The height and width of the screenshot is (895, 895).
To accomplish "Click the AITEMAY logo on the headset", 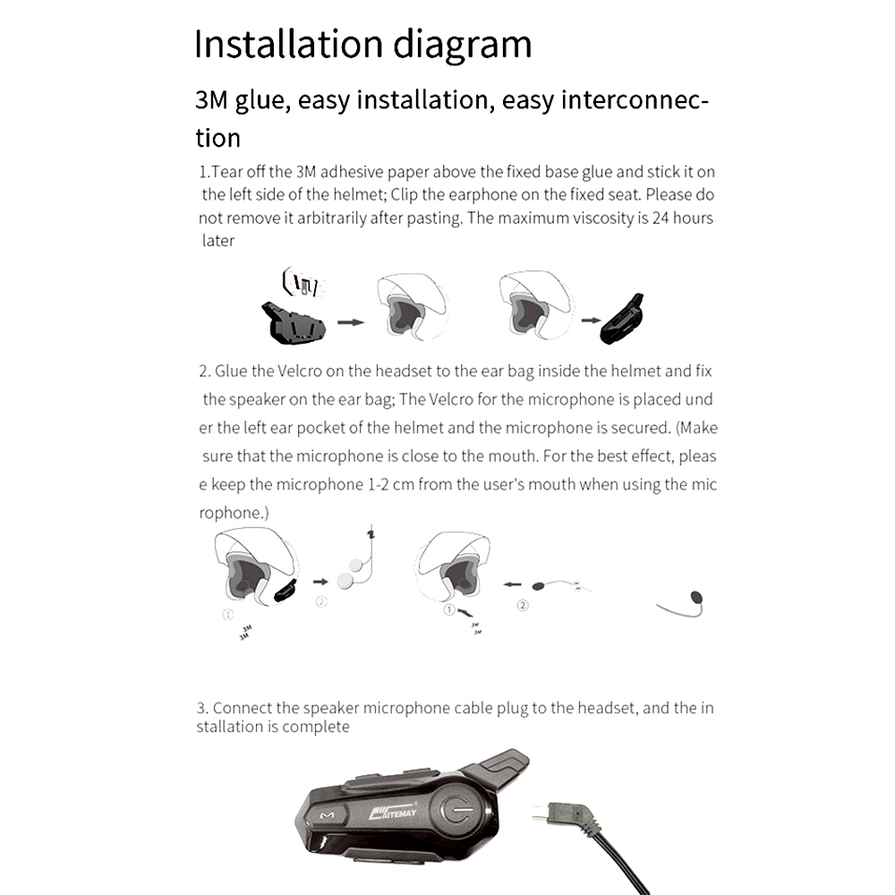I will pos(395,812).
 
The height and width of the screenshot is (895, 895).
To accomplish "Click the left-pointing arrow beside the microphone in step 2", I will pos(511,584).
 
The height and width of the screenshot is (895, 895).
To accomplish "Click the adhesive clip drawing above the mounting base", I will pos(300,285).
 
